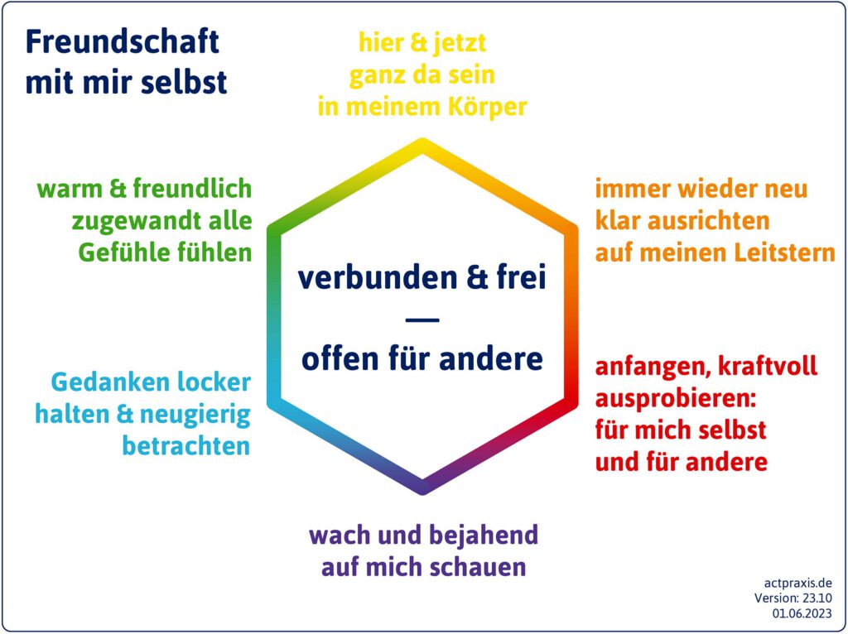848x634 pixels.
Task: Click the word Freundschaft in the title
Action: pyautogui.click(x=123, y=41)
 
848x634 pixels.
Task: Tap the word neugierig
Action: pyautogui.click(x=195, y=415)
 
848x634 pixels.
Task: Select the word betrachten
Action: pyautogui.click(x=186, y=446)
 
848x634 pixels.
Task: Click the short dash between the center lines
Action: pyautogui.click(x=422, y=319)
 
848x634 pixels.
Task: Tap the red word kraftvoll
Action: pyautogui.click(x=768, y=367)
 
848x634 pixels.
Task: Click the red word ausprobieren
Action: pyautogui.click(x=675, y=400)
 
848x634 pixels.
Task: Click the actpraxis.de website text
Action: pyautogui.click(x=797, y=584)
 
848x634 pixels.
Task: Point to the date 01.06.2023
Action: pyautogui.click(x=802, y=613)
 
